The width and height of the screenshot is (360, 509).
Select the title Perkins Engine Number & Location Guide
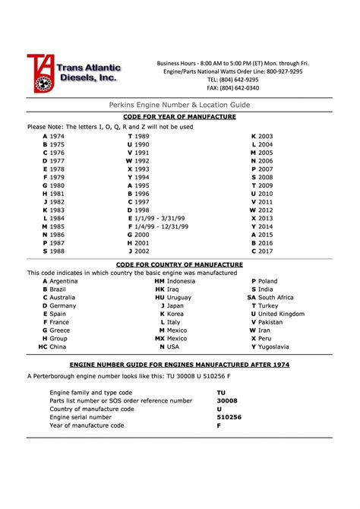coord(180,104)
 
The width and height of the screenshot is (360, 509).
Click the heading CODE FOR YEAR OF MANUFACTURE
coord(180,117)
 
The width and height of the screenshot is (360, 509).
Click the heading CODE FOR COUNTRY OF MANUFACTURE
coord(180,264)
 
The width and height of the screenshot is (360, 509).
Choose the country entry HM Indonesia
coord(175,281)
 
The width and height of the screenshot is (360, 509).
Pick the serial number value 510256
coord(229,417)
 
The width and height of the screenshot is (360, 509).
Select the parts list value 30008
coord(226,400)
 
